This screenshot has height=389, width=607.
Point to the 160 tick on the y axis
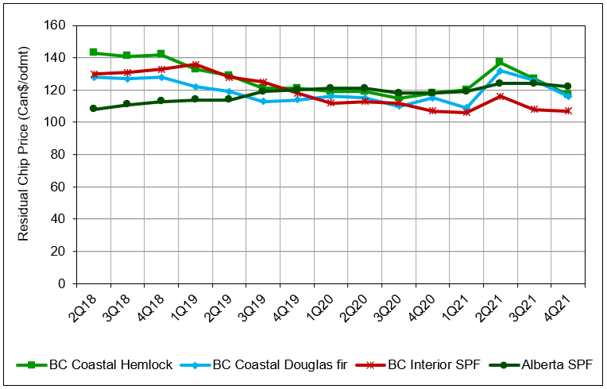point(58,25)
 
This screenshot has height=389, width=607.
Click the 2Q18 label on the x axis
point(83,304)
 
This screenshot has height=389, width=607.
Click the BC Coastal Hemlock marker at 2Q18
point(94,52)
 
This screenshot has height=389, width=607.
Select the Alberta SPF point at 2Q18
point(94,109)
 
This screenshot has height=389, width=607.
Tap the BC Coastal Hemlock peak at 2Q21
point(500,62)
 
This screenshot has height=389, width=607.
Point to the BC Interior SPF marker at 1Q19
point(195,65)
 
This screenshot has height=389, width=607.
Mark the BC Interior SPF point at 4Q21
point(567,111)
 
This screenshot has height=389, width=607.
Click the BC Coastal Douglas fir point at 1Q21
point(466,108)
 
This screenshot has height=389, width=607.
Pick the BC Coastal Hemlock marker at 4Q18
point(161,55)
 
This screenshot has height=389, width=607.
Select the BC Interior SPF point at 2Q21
point(500,96)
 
